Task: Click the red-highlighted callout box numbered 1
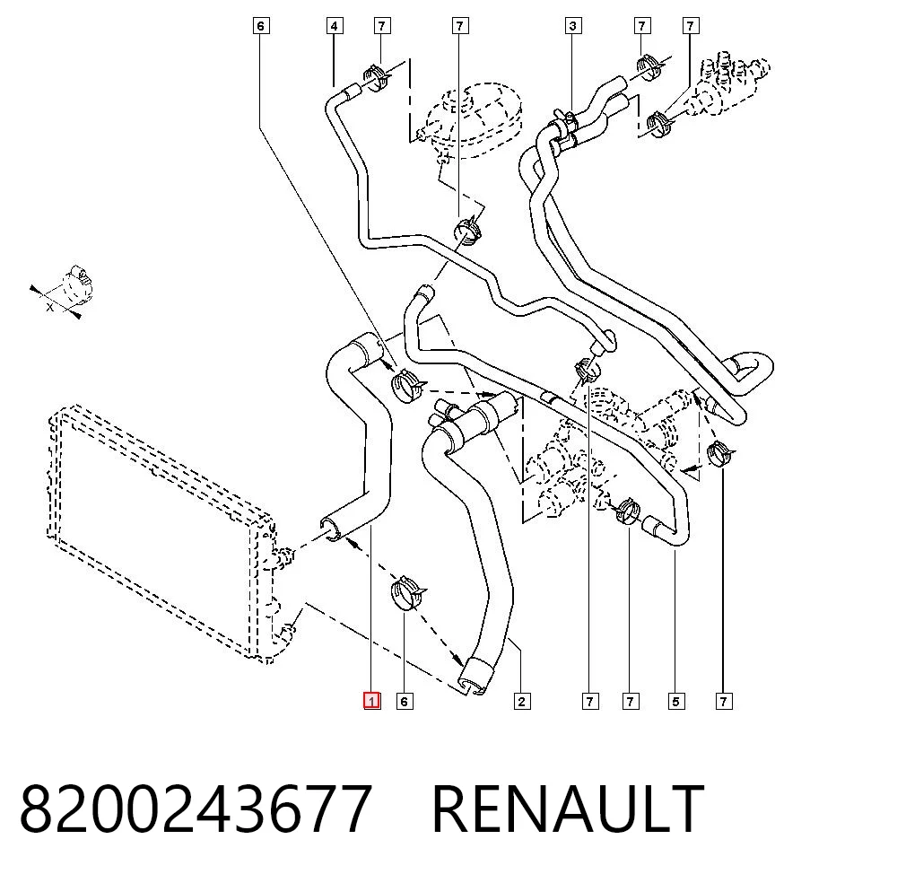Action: [x=372, y=701]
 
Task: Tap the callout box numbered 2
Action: [x=521, y=701]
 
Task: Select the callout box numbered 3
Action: [x=572, y=26]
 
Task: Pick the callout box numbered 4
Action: [x=335, y=26]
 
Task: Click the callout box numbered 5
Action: [x=675, y=701]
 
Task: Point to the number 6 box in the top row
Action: [x=261, y=26]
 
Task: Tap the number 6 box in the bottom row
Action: [x=405, y=701]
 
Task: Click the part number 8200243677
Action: [x=196, y=809]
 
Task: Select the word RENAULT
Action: [x=568, y=809]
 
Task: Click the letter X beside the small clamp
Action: [x=50, y=307]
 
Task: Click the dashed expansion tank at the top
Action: [x=470, y=120]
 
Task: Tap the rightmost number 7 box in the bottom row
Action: [x=724, y=701]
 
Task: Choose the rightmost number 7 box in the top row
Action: [x=691, y=26]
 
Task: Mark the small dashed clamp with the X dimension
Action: [x=76, y=284]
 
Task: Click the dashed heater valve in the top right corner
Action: [x=726, y=86]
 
